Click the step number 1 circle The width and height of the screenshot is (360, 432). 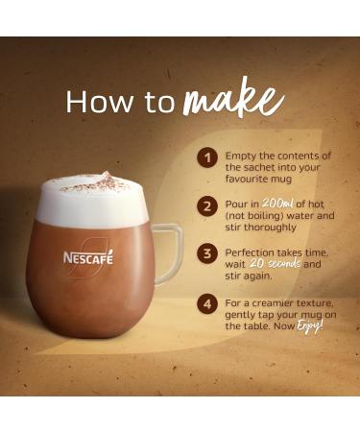coord(206,157)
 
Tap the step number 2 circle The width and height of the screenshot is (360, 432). coord(206,206)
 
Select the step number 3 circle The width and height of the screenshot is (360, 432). coord(206,254)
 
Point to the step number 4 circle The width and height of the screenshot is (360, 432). coord(206,305)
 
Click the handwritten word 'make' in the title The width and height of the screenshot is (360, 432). coord(233,99)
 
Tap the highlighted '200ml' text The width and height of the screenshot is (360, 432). coord(277,204)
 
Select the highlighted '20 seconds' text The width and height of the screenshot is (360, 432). coord(276,263)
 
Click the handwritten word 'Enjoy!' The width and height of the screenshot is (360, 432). coord(309,326)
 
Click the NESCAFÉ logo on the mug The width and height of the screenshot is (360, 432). coord(88,257)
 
